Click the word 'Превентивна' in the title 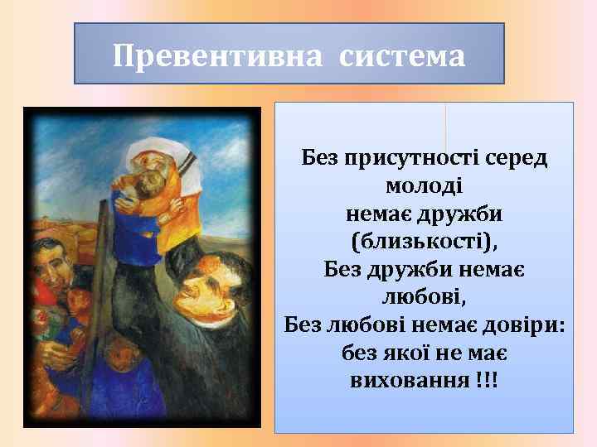213,57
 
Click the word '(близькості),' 425,242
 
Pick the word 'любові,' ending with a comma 425,297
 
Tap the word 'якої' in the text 397,353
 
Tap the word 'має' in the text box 490,353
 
